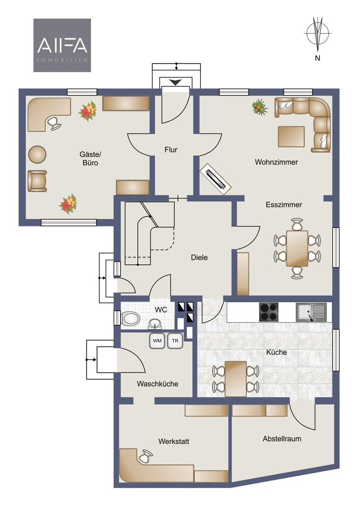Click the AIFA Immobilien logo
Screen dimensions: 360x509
pos(62,45)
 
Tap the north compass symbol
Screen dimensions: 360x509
pos(318,36)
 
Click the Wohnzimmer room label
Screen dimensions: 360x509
pos(276,162)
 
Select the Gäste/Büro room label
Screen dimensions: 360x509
pos(90,158)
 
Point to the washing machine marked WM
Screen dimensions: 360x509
pos(157,341)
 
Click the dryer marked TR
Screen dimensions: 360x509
pos(175,341)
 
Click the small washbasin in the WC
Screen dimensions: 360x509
pos(155,324)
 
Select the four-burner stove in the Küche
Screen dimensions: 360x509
pos(269,312)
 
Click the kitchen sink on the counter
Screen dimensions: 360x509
pos(311,312)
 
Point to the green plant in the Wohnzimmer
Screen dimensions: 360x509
pos(259,107)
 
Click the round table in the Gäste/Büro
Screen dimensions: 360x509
pos(37,154)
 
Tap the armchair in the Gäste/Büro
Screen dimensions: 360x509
pos(37,181)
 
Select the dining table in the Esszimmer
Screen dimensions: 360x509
pos(297,249)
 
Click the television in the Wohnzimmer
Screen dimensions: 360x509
pos(215,179)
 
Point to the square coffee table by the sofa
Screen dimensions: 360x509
pos(291,136)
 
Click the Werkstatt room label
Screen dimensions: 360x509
pos(174,441)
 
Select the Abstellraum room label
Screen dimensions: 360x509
pos(282,439)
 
